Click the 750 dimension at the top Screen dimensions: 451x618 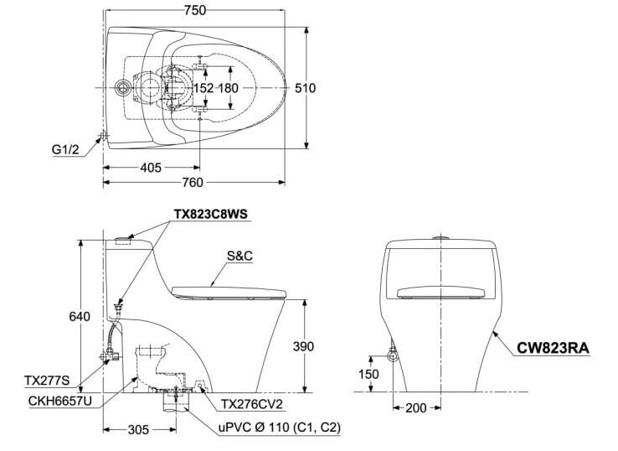(x=197, y=10)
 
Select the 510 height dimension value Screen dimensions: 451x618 (x=311, y=88)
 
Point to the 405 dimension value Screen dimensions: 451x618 (x=150, y=168)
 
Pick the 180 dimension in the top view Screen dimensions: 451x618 (x=229, y=88)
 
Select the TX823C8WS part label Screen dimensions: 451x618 (x=212, y=214)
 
